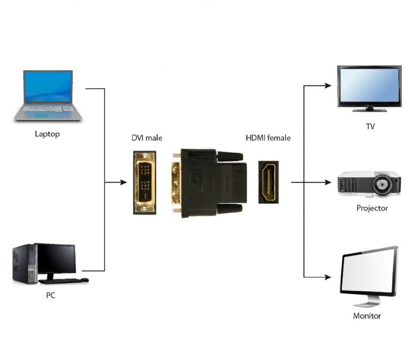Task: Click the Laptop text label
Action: [x=48, y=134]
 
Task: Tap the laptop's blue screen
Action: [x=48, y=86]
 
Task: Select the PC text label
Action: [x=51, y=295]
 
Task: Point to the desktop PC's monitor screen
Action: [x=57, y=258]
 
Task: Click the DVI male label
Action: [x=147, y=138]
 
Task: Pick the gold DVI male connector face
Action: [x=144, y=182]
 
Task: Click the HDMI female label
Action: [x=268, y=138]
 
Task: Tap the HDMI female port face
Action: [x=268, y=182]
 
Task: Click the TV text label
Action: [x=369, y=127]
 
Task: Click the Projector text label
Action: [x=372, y=208]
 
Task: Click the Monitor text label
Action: [x=367, y=316]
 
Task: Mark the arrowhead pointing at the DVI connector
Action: [x=123, y=182]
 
